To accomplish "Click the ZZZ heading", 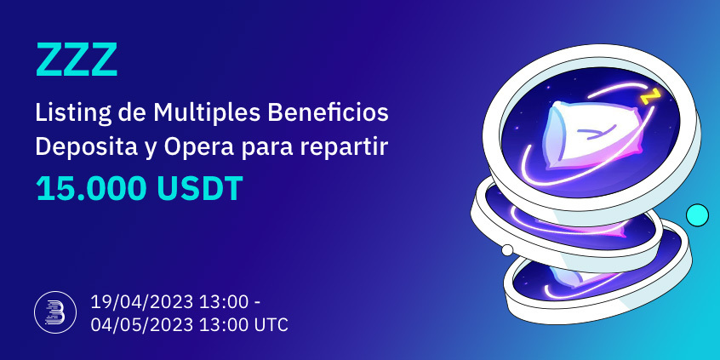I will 76,60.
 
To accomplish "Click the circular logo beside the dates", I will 49,312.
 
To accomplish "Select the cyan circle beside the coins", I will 698,215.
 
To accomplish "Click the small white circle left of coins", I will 508,250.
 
